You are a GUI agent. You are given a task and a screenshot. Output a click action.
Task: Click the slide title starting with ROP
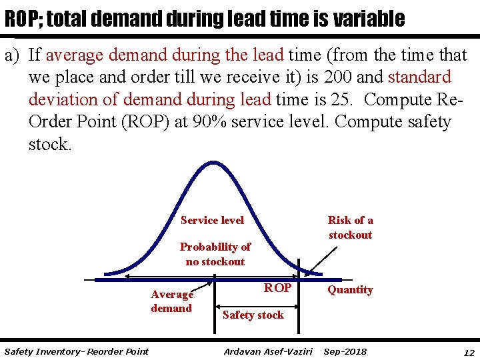204,19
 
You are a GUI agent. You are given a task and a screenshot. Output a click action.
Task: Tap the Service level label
212,220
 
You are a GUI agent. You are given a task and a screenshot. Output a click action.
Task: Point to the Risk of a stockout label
350,227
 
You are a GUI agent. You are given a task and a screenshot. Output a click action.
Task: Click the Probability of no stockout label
215,254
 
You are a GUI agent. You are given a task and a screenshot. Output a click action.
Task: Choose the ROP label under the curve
277,288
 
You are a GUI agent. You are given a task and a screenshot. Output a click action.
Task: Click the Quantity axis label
350,290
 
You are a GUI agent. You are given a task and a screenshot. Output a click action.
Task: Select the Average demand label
171,301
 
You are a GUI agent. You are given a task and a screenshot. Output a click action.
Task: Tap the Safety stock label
253,315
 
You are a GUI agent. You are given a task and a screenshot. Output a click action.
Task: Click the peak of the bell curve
213,163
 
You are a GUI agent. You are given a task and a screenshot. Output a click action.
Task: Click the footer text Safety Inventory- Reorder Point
76,351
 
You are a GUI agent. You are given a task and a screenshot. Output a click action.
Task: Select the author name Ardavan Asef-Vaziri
268,351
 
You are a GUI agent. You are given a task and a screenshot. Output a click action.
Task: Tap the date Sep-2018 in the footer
345,351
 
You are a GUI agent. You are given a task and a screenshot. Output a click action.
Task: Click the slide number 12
469,352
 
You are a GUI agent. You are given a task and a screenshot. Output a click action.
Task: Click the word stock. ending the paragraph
49,145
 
